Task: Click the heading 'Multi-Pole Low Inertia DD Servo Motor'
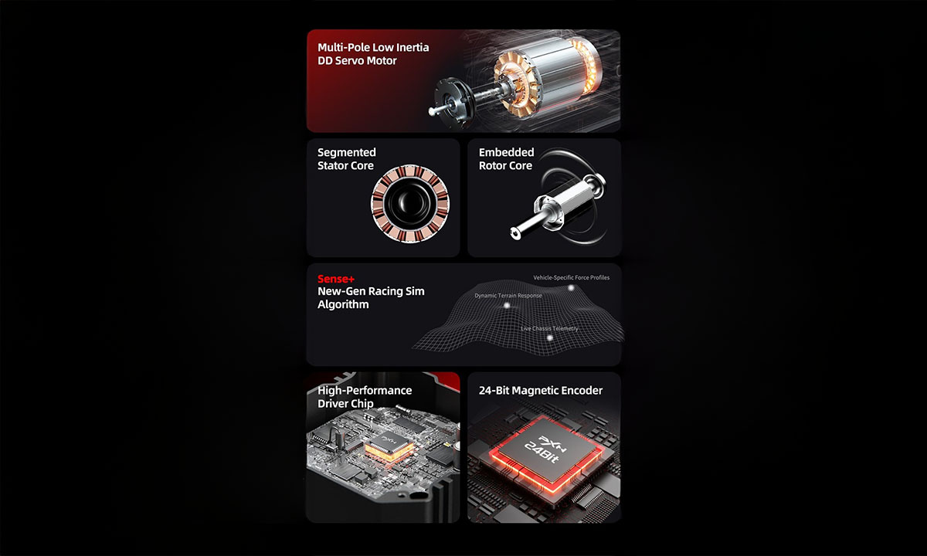point(373,53)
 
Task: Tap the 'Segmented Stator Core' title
point(345,159)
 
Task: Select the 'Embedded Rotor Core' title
point(506,159)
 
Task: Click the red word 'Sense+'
point(336,279)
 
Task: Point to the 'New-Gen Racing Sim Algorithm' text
point(371,298)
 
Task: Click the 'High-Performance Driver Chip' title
point(365,397)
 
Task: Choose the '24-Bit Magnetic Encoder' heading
point(540,391)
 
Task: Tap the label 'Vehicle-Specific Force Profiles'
point(571,278)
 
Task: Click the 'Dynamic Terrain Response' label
point(508,296)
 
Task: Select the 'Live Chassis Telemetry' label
point(549,329)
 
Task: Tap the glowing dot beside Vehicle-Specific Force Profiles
point(572,288)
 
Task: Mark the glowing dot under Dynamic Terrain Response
point(508,306)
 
